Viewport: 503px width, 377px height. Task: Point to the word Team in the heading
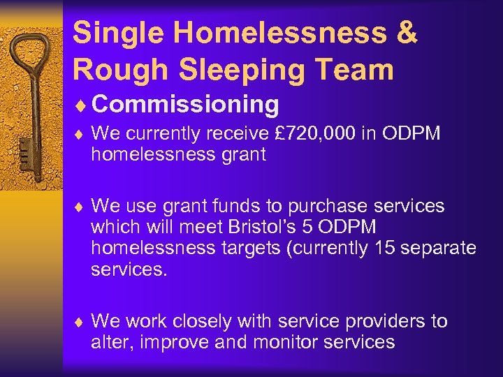coord(360,69)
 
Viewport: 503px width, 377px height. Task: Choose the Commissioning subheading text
coord(185,105)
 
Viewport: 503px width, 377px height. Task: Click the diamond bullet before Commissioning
coord(80,105)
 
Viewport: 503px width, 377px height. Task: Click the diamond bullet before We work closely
coord(80,322)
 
